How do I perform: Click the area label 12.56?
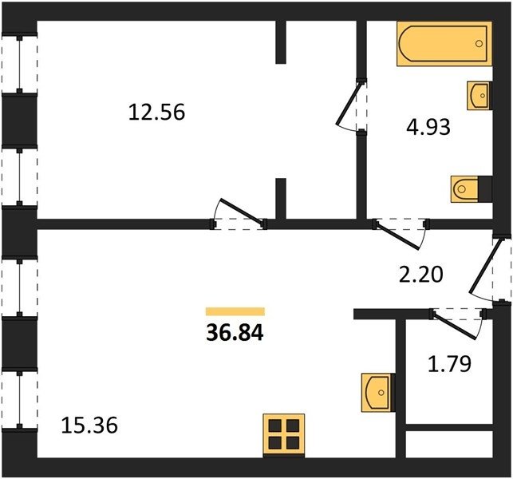point(156,112)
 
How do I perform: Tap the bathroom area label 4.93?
point(428,127)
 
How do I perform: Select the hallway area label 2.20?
point(421,274)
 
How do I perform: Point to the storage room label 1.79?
point(449,364)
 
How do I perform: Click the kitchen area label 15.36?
point(89,426)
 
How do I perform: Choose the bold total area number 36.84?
point(235,333)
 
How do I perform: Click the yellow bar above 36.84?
point(235,311)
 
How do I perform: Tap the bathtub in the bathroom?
point(444,44)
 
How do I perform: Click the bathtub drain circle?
point(479,44)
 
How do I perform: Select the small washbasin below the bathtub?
point(479,95)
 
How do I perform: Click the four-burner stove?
point(284,435)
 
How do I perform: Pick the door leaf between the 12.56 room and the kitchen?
point(242,212)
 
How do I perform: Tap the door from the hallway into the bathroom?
point(397,236)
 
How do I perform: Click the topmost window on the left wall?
point(20,63)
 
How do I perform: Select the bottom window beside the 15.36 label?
point(20,400)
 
